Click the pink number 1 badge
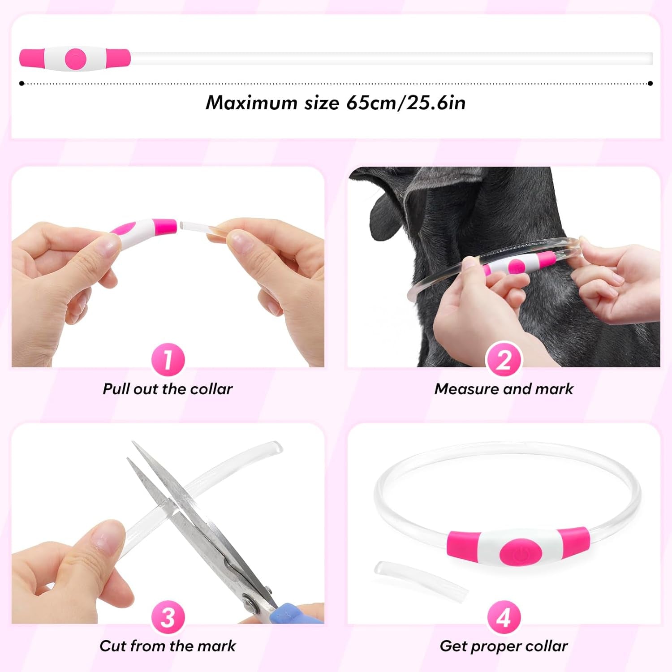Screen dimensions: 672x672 (168, 359)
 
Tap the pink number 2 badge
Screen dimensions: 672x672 (504, 359)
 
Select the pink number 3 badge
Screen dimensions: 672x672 (168, 617)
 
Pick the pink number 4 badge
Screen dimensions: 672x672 (504, 617)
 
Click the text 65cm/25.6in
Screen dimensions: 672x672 (406, 103)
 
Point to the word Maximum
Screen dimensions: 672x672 (251, 103)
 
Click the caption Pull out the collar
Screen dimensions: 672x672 (168, 389)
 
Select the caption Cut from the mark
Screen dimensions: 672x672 (168, 646)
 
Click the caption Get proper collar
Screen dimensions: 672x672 (504, 646)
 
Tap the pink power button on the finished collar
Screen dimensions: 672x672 (521, 554)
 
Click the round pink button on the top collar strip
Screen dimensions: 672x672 (75, 59)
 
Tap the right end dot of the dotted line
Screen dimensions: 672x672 (650, 83)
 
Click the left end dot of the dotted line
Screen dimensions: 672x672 (22, 83)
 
